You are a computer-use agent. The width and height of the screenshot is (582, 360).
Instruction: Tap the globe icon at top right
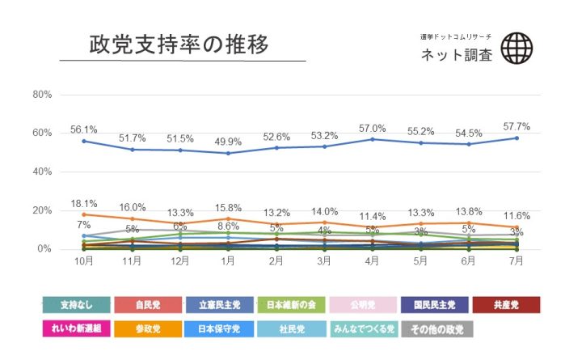[x=517, y=49]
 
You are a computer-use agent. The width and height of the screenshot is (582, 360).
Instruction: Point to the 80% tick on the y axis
[x=42, y=95]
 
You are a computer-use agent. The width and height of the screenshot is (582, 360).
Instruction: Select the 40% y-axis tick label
[x=42, y=172]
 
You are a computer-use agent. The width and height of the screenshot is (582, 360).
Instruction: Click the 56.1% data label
[x=84, y=129]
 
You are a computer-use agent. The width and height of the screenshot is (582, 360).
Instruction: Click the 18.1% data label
[x=84, y=204]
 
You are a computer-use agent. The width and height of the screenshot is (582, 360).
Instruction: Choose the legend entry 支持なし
[x=76, y=305]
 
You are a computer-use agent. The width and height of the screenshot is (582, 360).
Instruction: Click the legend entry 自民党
[x=148, y=305]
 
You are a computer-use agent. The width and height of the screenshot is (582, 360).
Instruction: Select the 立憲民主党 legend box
[x=220, y=305]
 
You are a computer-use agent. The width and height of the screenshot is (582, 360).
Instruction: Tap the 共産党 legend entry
[x=506, y=305]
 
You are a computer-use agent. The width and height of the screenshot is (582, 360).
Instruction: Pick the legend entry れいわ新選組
[x=76, y=329]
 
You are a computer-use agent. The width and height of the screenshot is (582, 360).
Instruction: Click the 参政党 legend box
[x=148, y=329]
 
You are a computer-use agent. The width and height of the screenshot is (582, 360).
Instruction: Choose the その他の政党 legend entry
[x=434, y=329]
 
